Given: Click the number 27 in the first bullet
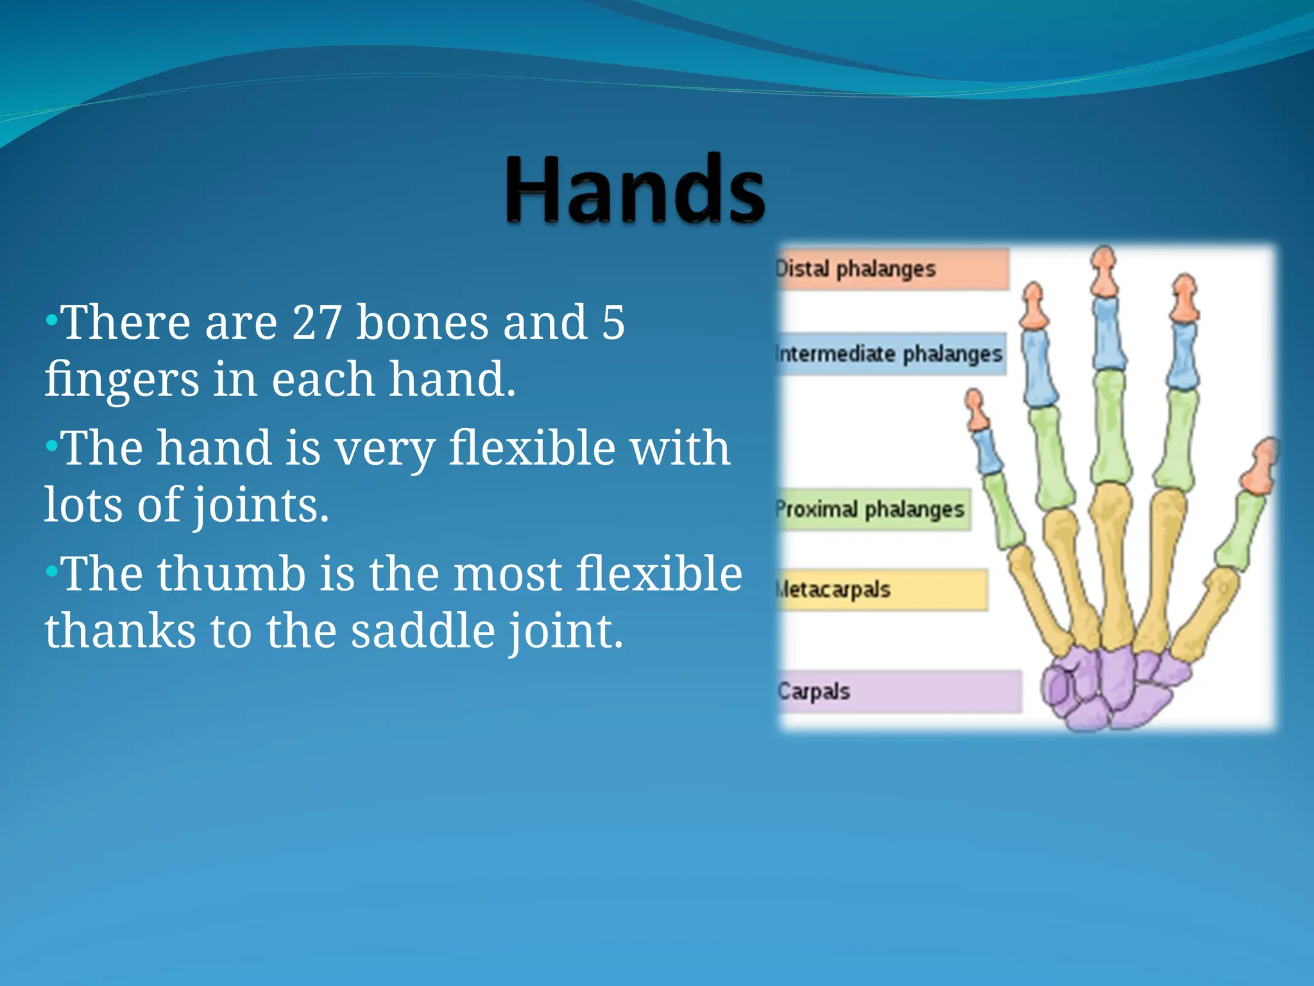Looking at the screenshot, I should pyautogui.click(x=316, y=322).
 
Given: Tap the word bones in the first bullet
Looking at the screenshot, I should pyautogui.click(x=422, y=322).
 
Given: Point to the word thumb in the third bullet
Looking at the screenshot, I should pyautogui.click(x=231, y=573).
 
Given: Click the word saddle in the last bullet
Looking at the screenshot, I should pyautogui.click(x=422, y=631).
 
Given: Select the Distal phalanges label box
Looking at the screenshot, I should pyautogui.click(x=892, y=269).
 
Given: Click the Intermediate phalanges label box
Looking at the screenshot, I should pyautogui.click(x=890, y=354).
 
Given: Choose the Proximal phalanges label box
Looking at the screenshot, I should pyautogui.click(x=873, y=510).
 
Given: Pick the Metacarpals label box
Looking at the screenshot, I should pyautogui.click(x=882, y=589).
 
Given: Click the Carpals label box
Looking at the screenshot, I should pyautogui.click(x=898, y=691).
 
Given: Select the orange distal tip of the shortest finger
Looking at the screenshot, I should pyautogui.click(x=976, y=411).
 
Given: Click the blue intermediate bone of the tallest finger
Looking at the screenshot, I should pyautogui.click(x=1107, y=334).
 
